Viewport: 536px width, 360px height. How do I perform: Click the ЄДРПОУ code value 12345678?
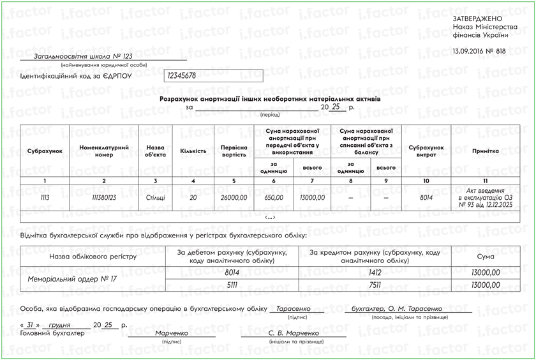click(x=182, y=75)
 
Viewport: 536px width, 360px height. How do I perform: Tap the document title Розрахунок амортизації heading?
click(x=269, y=100)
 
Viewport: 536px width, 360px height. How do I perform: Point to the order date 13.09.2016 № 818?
click(x=479, y=51)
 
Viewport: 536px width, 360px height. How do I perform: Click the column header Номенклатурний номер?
click(x=104, y=151)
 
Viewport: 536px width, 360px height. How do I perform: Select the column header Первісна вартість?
click(x=234, y=151)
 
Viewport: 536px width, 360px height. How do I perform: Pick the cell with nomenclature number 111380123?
click(x=104, y=198)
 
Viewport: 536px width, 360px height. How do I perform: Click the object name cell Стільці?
click(x=155, y=198)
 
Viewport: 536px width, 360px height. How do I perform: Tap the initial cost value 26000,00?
click(x=234, y=198)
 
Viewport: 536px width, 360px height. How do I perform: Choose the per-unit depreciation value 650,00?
click(x=274, y=198)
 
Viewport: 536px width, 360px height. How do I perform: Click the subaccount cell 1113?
click(x=45, y=198)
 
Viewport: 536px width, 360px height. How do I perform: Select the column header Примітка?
click(x=485, y=151)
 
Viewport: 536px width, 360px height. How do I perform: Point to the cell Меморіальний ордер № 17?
click(x=72, y=279)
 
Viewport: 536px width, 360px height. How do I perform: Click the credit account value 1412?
click(x=375, y=273)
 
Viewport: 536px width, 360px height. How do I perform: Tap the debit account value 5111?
click(x=232, y=285)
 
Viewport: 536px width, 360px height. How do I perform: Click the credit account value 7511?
click(x=375, y=285)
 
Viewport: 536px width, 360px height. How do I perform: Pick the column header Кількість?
click(x=193, y=151)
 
